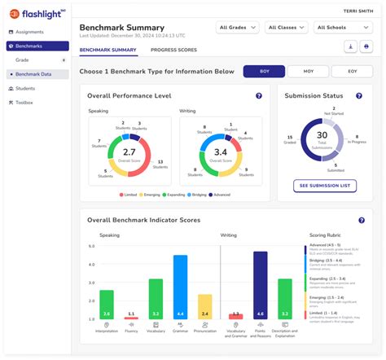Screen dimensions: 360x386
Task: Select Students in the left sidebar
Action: [x=25, y=88]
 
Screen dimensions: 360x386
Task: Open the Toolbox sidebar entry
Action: [x=25, y=103]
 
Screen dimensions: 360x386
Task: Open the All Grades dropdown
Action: [x=238, y=28]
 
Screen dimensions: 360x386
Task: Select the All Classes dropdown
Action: [x=287, y=28]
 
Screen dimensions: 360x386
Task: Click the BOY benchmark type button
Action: [x=265, y=71]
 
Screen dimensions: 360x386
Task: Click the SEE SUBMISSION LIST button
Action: [x=325, y=186]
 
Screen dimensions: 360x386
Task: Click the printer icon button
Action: [x=367, y=47]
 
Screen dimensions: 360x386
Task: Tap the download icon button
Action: [x=351, y=47]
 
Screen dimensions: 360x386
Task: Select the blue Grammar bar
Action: [x=180, y=286]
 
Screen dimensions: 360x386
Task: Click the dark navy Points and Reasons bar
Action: [x=260, y=284]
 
